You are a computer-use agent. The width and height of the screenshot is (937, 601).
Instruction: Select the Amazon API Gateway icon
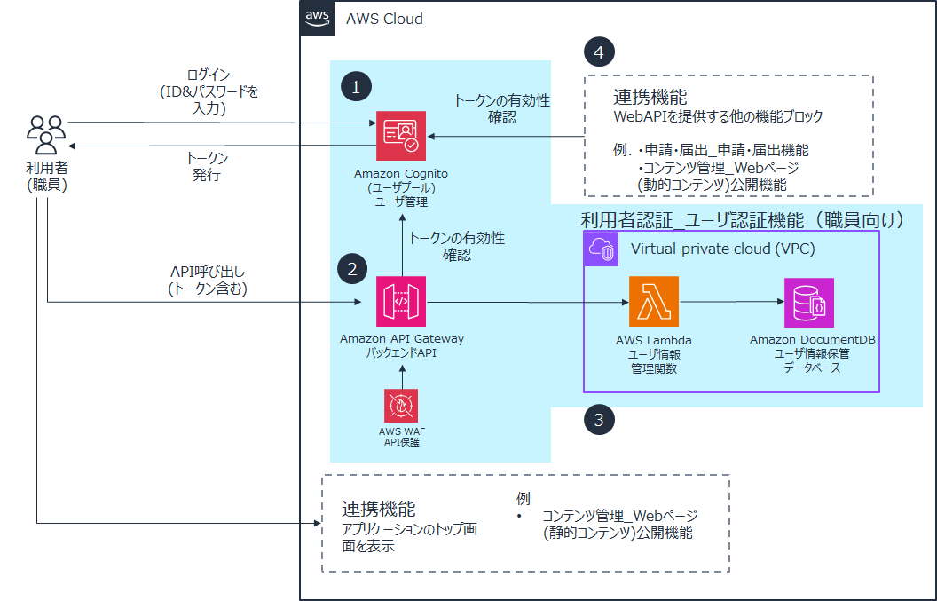401,303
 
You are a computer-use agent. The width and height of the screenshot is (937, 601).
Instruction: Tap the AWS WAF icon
401,406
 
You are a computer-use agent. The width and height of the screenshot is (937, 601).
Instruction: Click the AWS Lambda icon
653,303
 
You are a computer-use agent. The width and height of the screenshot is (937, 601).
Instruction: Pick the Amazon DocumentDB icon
808,303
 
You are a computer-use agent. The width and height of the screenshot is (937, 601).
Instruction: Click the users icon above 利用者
45,134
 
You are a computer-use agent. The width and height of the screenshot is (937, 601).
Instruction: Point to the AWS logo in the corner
317,17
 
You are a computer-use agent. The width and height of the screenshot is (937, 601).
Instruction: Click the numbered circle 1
356,87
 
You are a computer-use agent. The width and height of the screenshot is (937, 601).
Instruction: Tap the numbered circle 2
352,269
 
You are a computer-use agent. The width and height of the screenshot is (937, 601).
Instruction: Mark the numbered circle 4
599,52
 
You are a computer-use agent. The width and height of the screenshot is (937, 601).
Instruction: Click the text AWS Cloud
384,19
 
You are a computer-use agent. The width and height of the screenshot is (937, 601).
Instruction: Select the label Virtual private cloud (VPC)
722,249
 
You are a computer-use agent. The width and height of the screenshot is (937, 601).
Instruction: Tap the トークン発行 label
207,166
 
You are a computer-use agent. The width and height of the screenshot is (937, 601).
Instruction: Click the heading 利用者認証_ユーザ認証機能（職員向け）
741,219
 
